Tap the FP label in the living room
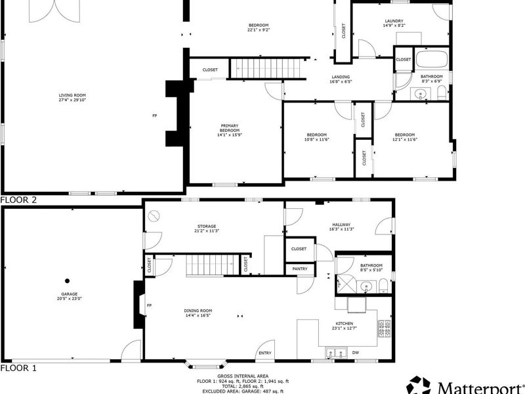[x=155, y=116]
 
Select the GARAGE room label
[x=70, y=294]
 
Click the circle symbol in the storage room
[x=154, y=216]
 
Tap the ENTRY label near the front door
[x=265, y=353]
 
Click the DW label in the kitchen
[x=355, y=353]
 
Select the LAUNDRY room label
[x=394, y=21]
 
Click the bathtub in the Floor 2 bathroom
[x=431, y=60]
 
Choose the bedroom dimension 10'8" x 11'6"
[x=317, y=139]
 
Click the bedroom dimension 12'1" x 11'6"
[x=405, y=139]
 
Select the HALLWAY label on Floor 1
[x=341, y=225]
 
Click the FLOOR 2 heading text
[x=18, y=200]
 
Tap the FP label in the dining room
[x=149, y=305]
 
